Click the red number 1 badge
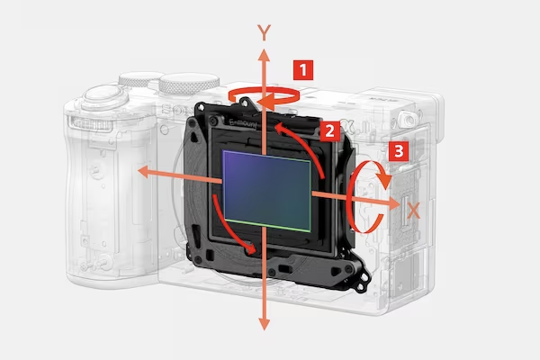pyautogui.click(x=303, y=70)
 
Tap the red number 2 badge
pyautogui.click(x=329, y=130)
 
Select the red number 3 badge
pyautogui.click(x=399, y=151)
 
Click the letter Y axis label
pyautogui.click(x=264, y=32)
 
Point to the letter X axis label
pyautogui.click(x=414, y=211)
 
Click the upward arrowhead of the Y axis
pyautogui.click(x=264, y=56)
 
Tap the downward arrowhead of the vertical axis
pyautogui.click(x=264, y=324)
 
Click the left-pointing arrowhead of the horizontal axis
pyautogui.click(x=144, y=172)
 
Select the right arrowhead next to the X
pyautogui.click(x=393, y=203)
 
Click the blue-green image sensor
pyautogui.click(x=267, y=191)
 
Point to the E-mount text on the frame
pyautogui.click(x=244, y=123)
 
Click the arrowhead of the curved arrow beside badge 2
pyautogui.click(x=280, y=128)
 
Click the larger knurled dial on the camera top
pyautogui.click(x=189, y=84)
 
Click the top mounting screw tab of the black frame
pyautogui.click(x=244, y=103)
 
